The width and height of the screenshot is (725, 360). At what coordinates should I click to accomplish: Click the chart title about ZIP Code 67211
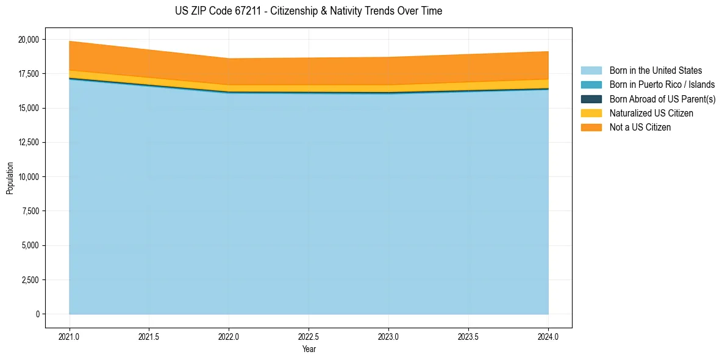[308, 11]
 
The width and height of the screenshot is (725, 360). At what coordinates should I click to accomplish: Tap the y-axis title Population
[10, 178]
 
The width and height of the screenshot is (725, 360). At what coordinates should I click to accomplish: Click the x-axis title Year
[309, 350]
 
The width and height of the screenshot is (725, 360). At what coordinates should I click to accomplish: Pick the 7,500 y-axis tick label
[29, 211]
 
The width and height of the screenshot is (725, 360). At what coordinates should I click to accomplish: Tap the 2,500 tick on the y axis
[29, 280]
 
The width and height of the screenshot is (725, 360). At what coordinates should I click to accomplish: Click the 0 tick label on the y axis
[37, 314]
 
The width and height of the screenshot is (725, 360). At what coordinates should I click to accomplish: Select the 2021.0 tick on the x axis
[70, 336]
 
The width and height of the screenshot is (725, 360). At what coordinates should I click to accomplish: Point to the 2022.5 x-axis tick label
[309, 336]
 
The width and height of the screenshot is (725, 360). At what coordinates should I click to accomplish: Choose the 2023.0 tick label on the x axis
[388, 336]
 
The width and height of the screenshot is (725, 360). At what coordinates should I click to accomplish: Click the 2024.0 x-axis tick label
[548, 336]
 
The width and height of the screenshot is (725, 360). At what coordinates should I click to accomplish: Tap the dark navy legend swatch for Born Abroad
[591, 99]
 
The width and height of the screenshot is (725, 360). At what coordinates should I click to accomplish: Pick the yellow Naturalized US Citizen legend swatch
[591, 113]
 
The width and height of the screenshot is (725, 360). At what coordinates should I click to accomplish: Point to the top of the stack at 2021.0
[70, 41]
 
